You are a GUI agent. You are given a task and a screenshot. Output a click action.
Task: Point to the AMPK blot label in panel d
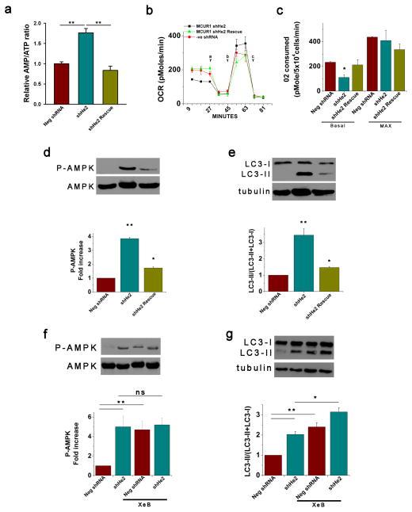[x=63, y=188]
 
